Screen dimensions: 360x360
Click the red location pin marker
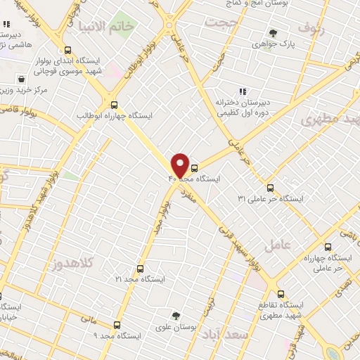180,165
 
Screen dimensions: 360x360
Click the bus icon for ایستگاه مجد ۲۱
140,269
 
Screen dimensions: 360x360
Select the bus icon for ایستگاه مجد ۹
117,325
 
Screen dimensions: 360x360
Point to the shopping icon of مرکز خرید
23,79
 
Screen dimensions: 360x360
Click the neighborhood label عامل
276,246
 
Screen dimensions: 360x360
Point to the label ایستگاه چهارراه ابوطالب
124,115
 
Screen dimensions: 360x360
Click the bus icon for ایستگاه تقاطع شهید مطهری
281,295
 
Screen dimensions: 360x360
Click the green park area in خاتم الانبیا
124,20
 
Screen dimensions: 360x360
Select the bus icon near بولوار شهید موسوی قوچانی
67,51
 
